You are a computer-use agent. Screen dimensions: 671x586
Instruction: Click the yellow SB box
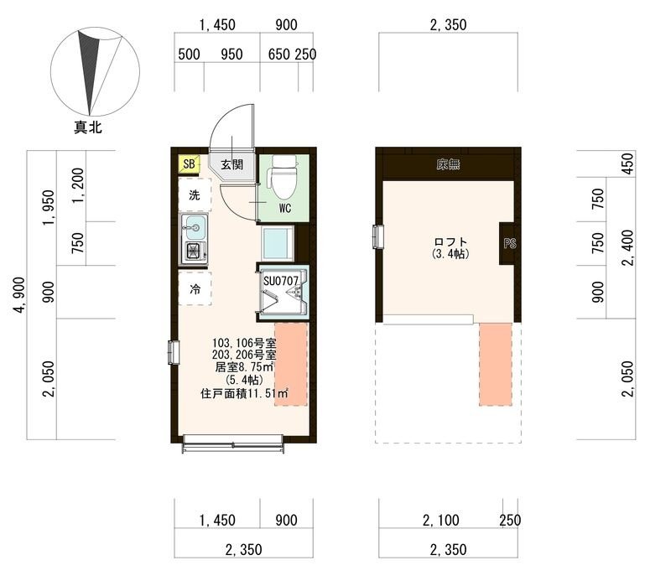[189, 163]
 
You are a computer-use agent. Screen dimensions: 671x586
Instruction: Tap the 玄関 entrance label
[232, 164]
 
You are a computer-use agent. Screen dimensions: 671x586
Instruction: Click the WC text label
[285, 208]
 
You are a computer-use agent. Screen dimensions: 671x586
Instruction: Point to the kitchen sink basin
[195, 227]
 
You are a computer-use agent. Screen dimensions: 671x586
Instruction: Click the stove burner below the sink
[195, 252]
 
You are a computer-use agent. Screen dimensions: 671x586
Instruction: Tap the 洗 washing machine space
[195, 195]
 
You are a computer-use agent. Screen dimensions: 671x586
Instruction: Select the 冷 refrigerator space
[195, 288]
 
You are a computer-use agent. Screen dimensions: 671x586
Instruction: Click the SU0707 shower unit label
[281, 281]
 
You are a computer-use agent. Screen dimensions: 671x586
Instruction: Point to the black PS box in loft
[510, 243]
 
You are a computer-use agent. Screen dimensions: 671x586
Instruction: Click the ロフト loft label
[450, 241]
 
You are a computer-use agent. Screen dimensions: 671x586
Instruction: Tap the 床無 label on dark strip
[448, 164]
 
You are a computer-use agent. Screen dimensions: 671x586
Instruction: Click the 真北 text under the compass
[88, 127]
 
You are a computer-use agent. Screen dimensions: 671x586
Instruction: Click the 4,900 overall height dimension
[19, 295]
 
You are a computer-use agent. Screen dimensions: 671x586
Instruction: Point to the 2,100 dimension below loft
[441, 520]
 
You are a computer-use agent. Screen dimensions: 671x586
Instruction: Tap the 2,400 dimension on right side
[627, 248]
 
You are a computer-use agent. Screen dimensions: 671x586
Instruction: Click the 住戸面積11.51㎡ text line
[244, 393]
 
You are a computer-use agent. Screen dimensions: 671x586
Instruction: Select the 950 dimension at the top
[231, 54]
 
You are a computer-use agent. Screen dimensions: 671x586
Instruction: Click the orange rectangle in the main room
[291, 364]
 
